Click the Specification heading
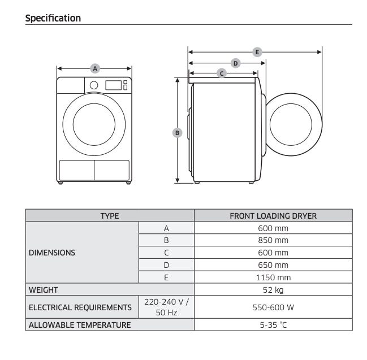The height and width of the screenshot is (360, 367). tap(53, 18)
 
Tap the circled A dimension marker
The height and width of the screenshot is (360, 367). tap(95, 68)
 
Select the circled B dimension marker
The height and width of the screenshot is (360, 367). tap(177, 133)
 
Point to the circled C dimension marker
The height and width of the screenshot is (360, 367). tap(222, 73)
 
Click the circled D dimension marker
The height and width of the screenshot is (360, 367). tap(235, 63)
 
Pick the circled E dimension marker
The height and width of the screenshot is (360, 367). tap(257, 52)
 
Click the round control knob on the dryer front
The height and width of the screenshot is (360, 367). tap(94, 85)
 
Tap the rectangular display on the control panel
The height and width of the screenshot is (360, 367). tap(114, 85)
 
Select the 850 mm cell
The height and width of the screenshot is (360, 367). tap(273, 240)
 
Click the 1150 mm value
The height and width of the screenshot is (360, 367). tap(273, 277)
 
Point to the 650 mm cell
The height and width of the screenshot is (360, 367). tap(273, 265)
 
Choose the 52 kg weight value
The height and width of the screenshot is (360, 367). tap(273, 290)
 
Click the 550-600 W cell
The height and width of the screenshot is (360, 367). tap(273, 307)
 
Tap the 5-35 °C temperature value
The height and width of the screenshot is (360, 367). tap(273, 325)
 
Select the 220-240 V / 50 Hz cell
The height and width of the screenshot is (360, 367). tap(166, 307)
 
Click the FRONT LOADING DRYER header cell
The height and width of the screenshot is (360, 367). tap(273, 216)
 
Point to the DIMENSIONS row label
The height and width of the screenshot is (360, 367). tap(52, 253)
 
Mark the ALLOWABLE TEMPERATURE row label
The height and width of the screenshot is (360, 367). tap(80, 325)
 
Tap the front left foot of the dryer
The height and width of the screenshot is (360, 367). tap(61, 183)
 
